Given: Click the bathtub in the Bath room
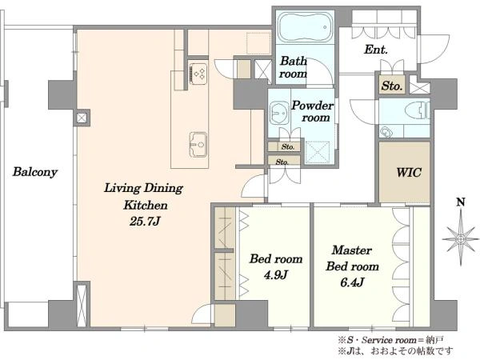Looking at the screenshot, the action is tap(306, 26).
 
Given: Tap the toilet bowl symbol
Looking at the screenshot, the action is tap(416, 110).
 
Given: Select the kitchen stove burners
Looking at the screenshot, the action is tap(198, 74).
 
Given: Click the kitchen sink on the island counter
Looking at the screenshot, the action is tap(198, 145).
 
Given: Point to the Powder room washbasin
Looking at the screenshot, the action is tap(279, 112).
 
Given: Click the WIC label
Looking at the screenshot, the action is tap(409, 172).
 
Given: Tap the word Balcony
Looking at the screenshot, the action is tap(35, 172).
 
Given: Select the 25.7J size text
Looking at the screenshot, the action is tap(145, 221).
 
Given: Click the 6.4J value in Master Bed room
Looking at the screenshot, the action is tap(352, 282).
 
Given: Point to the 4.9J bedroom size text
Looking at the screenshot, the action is tap(275, 274).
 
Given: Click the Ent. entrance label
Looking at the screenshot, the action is tap(376, 50).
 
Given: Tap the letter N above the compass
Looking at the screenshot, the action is tap(461, 202).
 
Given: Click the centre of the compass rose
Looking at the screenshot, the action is tap(461, 239).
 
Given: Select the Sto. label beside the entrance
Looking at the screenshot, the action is tap(391, 86).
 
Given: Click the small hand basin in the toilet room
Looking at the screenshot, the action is tap(385, 133).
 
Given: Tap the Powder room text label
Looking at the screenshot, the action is tap(312, 111).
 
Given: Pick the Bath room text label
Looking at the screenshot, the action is tap(294, 67).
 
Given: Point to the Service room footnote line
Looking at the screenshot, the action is tap(391, 340).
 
